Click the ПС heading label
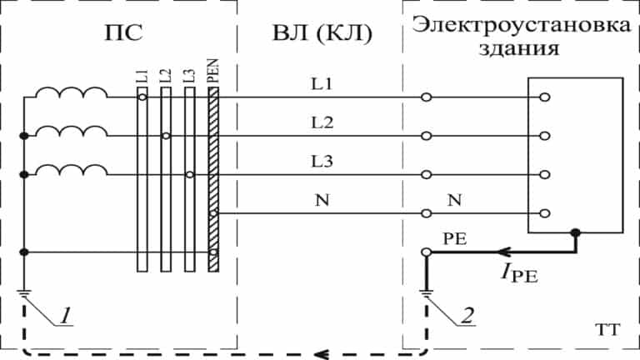123,32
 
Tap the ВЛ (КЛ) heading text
322,33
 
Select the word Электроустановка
521,25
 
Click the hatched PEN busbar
213,180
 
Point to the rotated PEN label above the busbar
213,71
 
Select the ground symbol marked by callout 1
23,292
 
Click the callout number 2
468,316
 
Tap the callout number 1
66,316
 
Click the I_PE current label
519,272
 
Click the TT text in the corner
607,329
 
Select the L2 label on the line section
322,122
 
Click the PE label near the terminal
455,239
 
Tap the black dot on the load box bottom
576,233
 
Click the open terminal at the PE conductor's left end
426,252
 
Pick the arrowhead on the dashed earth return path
321,353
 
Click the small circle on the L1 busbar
142,97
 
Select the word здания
519,49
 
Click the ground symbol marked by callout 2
426,292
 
